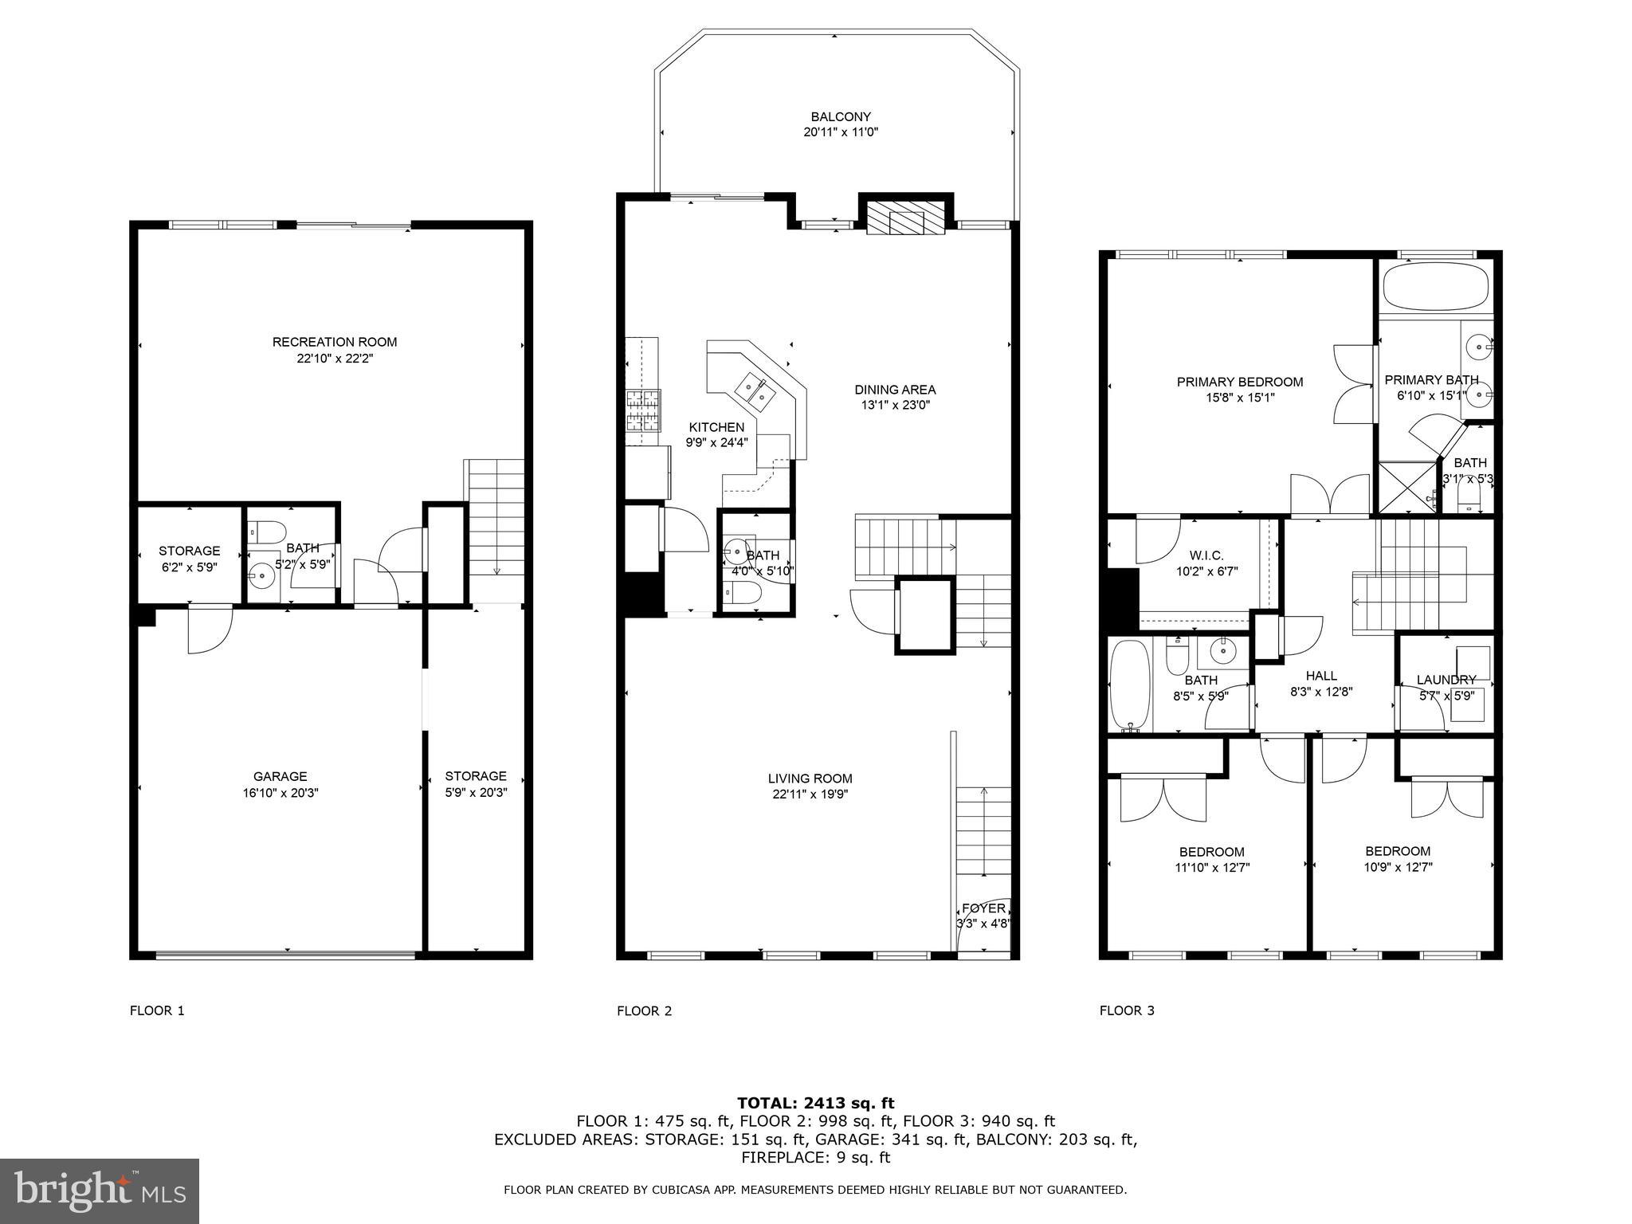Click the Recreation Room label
[x=335, y=342]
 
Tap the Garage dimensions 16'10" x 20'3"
[x=280, y=793]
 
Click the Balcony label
[x=841, y=116]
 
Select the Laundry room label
[x=1446, y=680]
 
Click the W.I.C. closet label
[x=1206, y=555]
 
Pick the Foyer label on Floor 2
[x=983, y=908]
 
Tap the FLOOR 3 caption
[x=1127, y=1010]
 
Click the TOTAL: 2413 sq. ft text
[x=815, y=1103]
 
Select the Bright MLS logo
[x=100, y=1191]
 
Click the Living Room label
[x=810, y=779]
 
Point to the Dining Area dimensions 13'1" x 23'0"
[x=895, y=405]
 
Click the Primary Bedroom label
[x=1240, y=382]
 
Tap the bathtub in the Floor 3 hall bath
[x=1130, y=685]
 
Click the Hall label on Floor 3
[x=1321, y=676]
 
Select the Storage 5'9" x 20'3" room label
[x=476, y=776]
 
